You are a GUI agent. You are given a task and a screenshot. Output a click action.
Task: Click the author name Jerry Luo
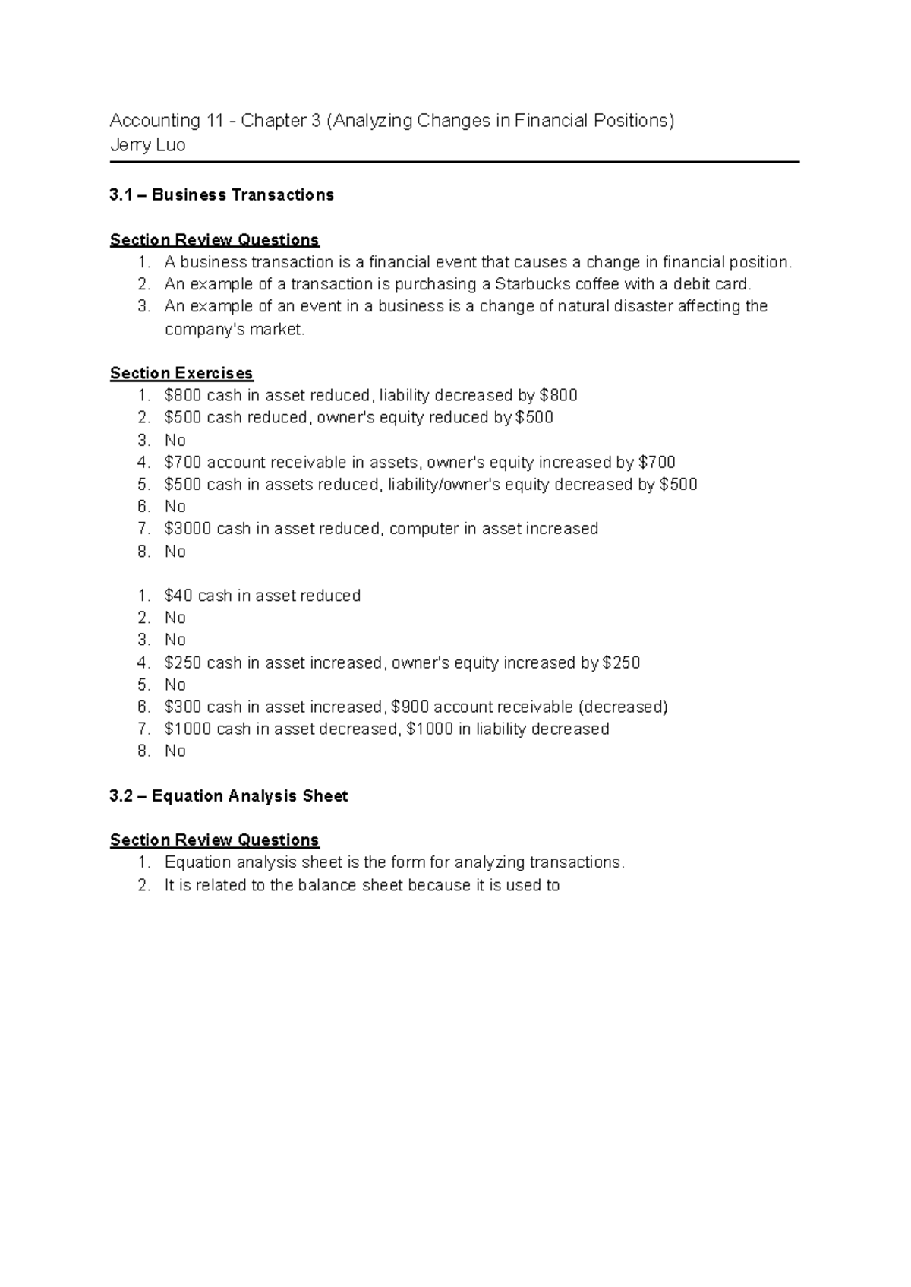pyautogui.click(x=147, y=145)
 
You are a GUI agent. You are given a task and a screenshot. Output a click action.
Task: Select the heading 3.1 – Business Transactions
pyautogui.click(x=222, y=195)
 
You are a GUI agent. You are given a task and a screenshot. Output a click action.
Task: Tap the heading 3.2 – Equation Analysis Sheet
pyautogui.click(x=229, y=796)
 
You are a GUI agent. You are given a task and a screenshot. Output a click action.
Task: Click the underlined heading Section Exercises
pyautogui.click(x=181, y=373)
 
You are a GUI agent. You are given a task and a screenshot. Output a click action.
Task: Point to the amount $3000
pyautogui.click(x=188, y=529)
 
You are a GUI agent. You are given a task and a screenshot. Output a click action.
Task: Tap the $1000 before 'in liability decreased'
pyautogui.click(x=430, y=729)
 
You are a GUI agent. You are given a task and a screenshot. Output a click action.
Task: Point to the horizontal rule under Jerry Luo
pyautogui.click(x=455, y=162)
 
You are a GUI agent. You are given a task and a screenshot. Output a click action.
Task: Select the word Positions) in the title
pyautogui.click(x=635, y=121)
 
